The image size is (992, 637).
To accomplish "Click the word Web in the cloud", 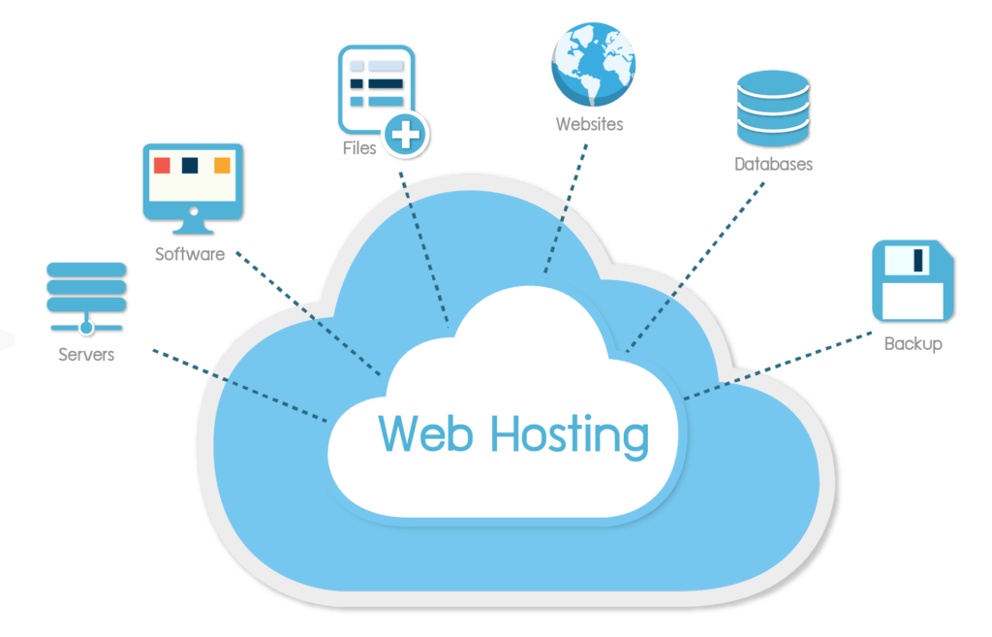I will (425, 432).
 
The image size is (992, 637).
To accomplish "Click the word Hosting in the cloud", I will (570, 434).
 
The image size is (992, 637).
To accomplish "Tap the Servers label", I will (86, 355).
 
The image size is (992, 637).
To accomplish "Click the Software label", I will (190, 254).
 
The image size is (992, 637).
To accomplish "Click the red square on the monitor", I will (163, 166).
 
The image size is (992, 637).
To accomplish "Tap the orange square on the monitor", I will (222, 166).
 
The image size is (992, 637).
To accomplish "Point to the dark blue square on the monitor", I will (191, 166).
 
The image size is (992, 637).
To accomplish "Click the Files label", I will (359, 149).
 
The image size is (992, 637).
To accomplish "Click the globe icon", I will (593, 64).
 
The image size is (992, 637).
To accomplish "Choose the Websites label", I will (589, 124).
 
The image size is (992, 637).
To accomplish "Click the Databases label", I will (773, 165).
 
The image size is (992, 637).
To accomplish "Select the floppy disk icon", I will (913, 280).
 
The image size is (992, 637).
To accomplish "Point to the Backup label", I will (913, 343).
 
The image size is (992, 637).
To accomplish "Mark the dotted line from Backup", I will (775, 367).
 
